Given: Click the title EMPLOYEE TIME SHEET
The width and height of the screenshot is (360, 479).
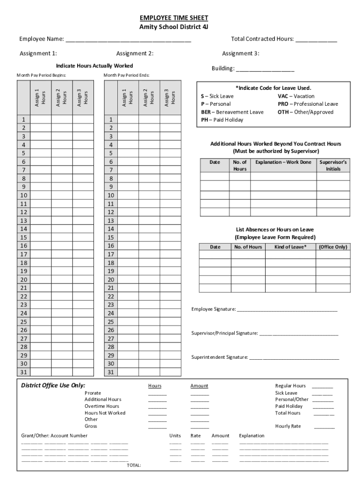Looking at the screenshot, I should point(174,18).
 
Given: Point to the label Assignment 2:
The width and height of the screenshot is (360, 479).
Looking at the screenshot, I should point(135,53).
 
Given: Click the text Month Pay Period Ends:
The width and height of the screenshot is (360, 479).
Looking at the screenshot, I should point(126,75).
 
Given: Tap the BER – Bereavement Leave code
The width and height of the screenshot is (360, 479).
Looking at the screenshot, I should point(232,112).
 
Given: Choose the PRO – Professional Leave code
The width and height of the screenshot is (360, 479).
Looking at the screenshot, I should point(308,104).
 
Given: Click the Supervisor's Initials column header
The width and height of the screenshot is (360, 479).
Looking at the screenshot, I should point(333,165).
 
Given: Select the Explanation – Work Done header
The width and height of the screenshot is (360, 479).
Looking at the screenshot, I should point(283,162).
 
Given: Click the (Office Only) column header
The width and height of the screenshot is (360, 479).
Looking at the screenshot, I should point(333,247).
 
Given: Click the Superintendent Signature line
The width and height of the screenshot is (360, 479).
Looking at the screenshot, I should point(294,358).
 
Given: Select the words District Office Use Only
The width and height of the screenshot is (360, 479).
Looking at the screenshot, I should point(53,385).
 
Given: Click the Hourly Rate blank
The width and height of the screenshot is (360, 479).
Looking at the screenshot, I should point(324,427).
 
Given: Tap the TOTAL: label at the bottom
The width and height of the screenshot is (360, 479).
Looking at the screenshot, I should point(134,465).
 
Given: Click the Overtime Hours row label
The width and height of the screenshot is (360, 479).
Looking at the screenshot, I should point(101,406).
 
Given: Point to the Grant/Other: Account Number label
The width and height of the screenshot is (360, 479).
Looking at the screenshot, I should point(54,435).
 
